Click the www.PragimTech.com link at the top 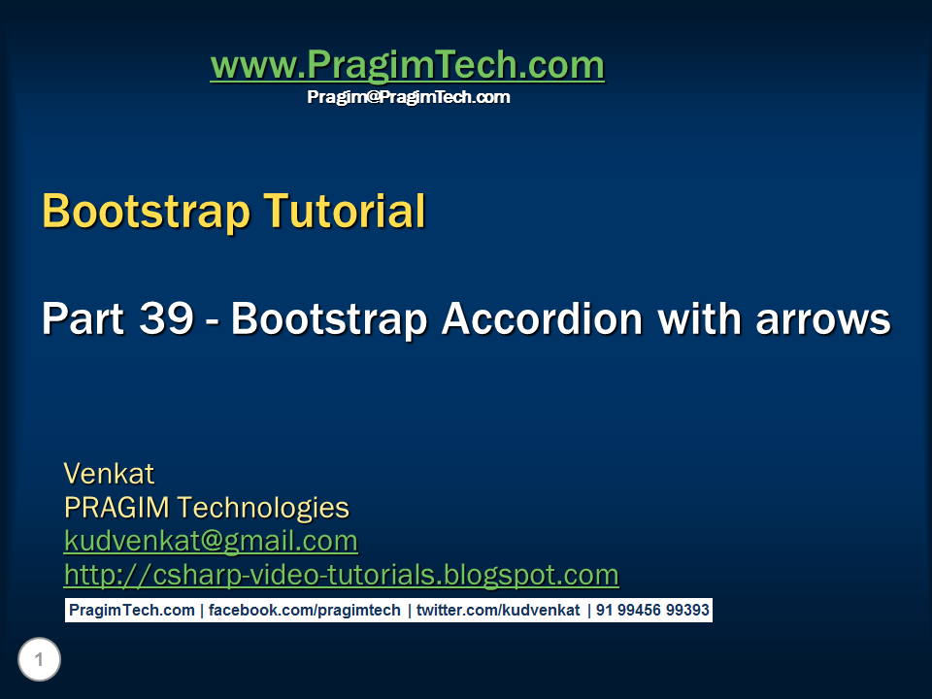[x=407, y=65]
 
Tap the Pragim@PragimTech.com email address [x=408, y=97]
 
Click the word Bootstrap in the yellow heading [x=132, y=211]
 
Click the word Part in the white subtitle [x=83, y=319]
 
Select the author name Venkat [x=109, y=474]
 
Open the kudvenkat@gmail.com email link [x=211, y=541]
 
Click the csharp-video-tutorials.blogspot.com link [x=341, y=575]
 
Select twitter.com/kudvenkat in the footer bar [x=498, y=611]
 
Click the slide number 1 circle [x=39, y=661]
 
